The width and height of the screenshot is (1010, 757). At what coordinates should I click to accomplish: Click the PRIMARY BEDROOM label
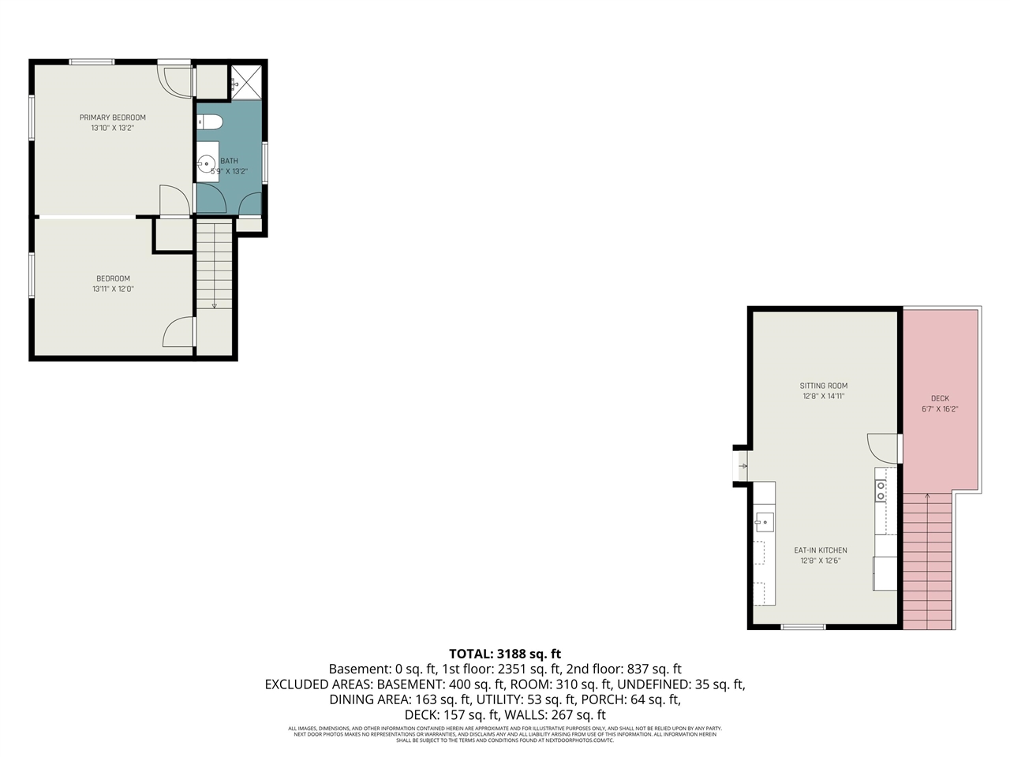[x=113, y=117]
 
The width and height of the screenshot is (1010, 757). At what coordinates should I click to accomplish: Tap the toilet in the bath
[x=210, y=121]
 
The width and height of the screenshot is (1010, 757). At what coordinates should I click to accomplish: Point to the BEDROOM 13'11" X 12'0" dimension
[x=113, y=289]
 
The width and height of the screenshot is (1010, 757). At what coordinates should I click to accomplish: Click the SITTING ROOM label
[x=823, y=386]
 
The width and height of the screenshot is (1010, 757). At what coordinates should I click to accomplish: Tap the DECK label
[x=940, y=398]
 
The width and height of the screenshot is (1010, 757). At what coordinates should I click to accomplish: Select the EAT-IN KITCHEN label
[x=821, y=550]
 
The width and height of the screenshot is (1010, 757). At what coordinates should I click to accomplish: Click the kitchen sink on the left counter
[x=764, y=522]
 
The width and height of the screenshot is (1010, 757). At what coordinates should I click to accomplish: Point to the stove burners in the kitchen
[x=881, y=491]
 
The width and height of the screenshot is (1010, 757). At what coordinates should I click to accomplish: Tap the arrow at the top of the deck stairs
[x=928, y=496]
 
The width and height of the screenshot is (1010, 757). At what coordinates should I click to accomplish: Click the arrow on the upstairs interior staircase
[x=214, y=304]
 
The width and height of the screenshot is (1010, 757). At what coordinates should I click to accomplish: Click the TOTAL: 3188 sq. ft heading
[x=505, y=654]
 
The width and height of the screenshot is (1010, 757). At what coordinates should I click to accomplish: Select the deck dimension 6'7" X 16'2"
[x=940, y=409]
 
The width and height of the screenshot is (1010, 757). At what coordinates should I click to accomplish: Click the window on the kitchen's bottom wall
[x=803, y=627]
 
